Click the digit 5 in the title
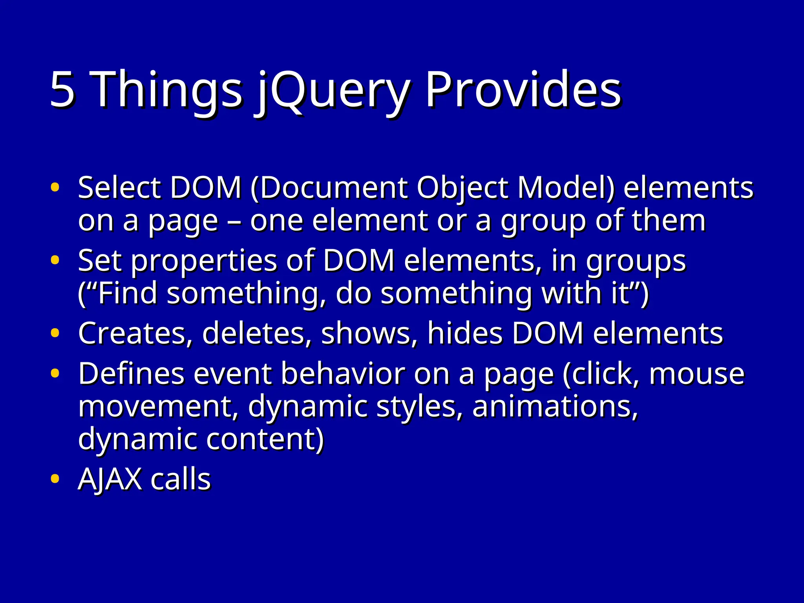[62, 90]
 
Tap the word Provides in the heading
[523, 90]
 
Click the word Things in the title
[166, 90]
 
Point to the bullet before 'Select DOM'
[55, 187]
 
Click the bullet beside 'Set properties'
[55, 260]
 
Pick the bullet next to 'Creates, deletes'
[55, 333]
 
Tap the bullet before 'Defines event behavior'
[55, 373]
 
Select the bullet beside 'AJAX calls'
[55, 479]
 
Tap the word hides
[465, 333]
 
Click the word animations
[555, 407]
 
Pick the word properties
[204, 261]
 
